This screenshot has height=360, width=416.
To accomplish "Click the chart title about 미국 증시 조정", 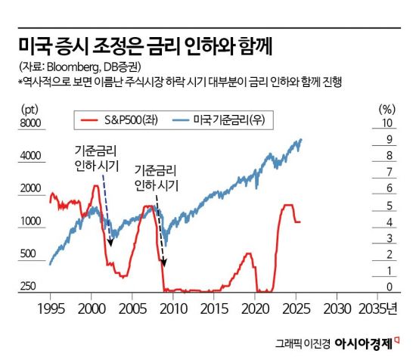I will [x=144, y=47].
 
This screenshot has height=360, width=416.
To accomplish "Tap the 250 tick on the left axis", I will [x=27, y=287].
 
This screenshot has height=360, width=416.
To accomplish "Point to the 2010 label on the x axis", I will [x=173, y=309].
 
